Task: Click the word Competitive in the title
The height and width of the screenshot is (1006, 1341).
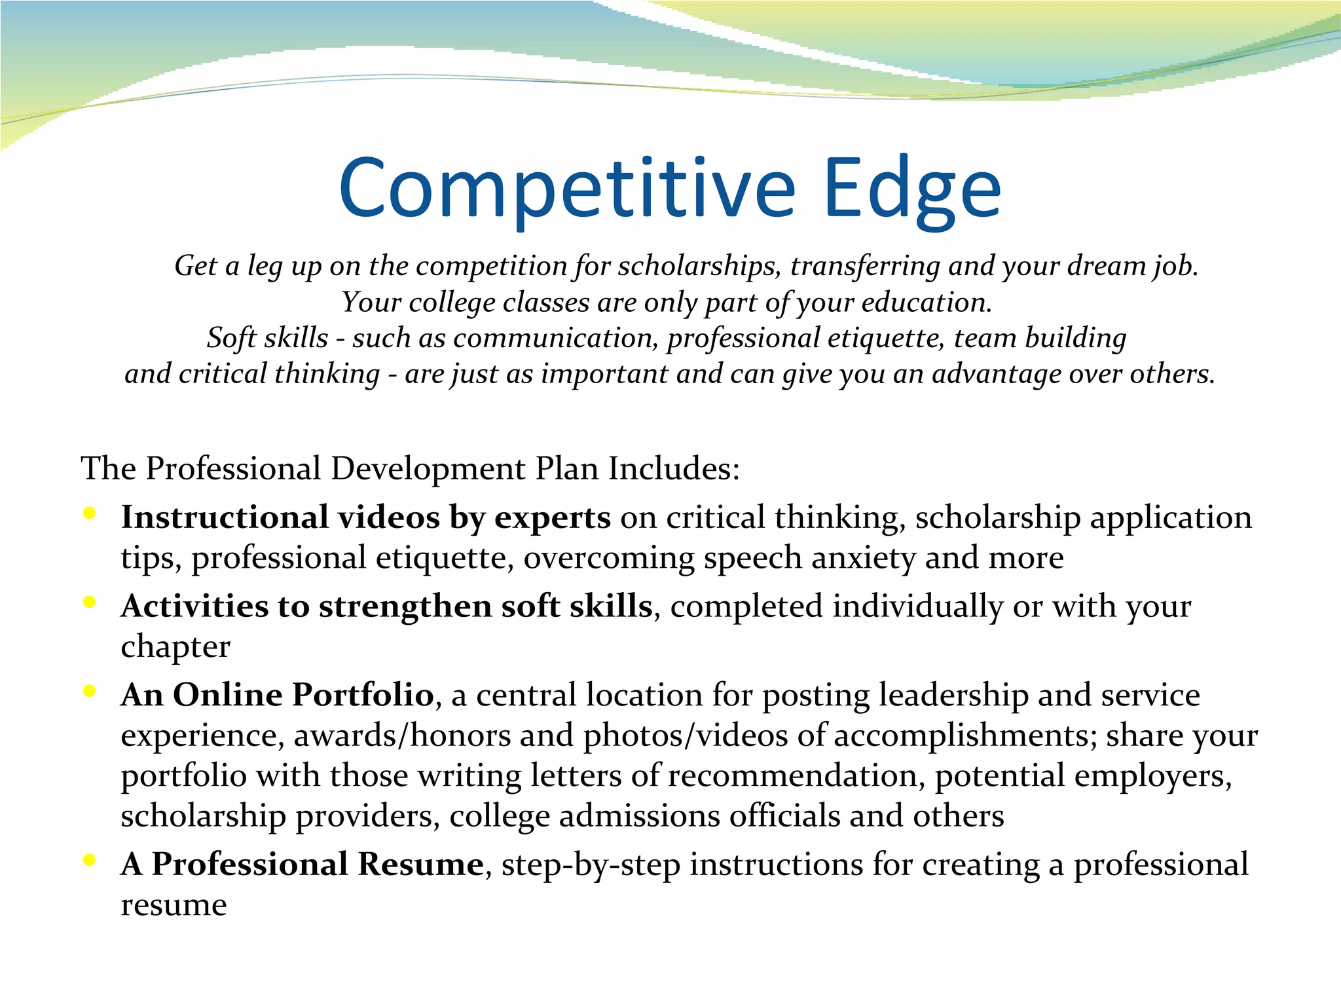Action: click(566, 190)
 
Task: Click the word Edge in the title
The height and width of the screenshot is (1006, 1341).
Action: click(912, 190)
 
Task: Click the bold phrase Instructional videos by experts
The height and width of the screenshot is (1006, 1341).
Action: click(365, 517)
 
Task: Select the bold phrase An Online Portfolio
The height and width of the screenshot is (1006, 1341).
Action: click(277, 695)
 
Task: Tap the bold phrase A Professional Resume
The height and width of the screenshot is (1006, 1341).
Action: click(302, 865)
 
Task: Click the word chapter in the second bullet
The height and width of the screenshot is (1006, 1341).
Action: click(175, 647)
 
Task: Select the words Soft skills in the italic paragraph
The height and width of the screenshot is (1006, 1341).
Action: click(267, 338)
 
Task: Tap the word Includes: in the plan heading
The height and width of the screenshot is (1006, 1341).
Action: click(674, 469)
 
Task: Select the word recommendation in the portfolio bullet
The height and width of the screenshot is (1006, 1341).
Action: click(796, 776)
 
